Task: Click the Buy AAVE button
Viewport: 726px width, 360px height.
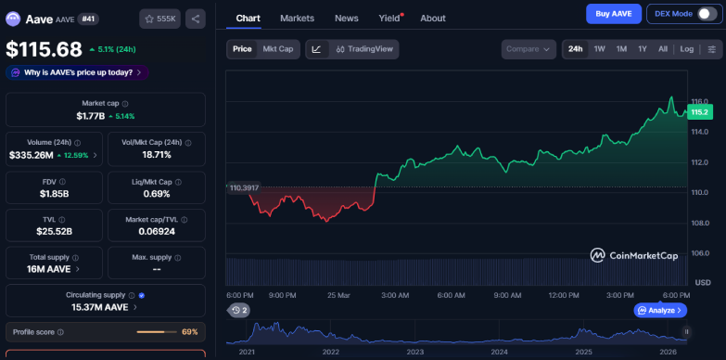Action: coord(613,14)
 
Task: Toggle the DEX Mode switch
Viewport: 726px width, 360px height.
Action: coord(707,14)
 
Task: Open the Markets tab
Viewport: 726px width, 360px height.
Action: coord(297,18)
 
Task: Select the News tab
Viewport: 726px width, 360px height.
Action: coord(346,18)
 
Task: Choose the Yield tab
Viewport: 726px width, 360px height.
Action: coord(388,18)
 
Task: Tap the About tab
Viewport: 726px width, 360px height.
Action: coord(432,18)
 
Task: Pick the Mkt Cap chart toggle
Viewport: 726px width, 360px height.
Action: coord(278,49)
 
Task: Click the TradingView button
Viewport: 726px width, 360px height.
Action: coord(365,49)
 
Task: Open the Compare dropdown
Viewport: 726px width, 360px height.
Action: coord(529,49)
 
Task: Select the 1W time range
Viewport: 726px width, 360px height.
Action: coord(599,49)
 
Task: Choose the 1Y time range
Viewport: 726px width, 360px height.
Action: coord(642,49)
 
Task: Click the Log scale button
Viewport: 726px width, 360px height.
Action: coord(686,49)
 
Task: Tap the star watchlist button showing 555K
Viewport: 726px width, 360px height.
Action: coord(159,18)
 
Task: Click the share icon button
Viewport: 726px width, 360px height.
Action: coord(195,18)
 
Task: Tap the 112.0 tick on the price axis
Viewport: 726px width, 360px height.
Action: coord(700,162)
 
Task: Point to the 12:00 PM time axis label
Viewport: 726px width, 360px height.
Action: coord(564,295)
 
